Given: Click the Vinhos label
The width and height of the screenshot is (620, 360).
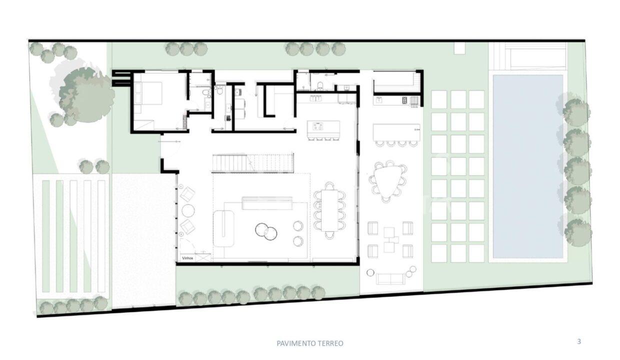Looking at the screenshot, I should coord(187,258).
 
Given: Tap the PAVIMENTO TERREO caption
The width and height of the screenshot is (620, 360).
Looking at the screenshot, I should coord(310,343).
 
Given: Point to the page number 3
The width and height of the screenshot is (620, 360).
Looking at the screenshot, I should coord(579,342).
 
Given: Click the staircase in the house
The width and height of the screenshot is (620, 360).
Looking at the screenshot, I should coord(252,163).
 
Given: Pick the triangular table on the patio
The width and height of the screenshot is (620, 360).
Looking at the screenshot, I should coord(387,180).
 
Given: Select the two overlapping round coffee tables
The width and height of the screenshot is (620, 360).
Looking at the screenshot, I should coord(266,231).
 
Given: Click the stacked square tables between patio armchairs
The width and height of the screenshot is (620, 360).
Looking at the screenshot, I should coord(389,239).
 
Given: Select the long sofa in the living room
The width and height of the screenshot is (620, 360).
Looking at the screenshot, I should coord(267,202).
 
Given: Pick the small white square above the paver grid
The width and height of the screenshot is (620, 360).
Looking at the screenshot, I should coord(459,48).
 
